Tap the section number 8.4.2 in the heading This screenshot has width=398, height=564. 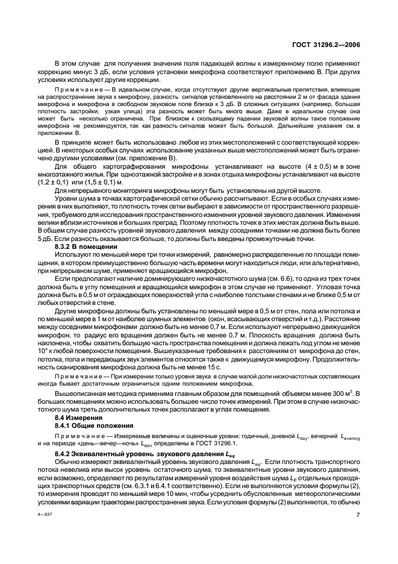click(x=66, y=453)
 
